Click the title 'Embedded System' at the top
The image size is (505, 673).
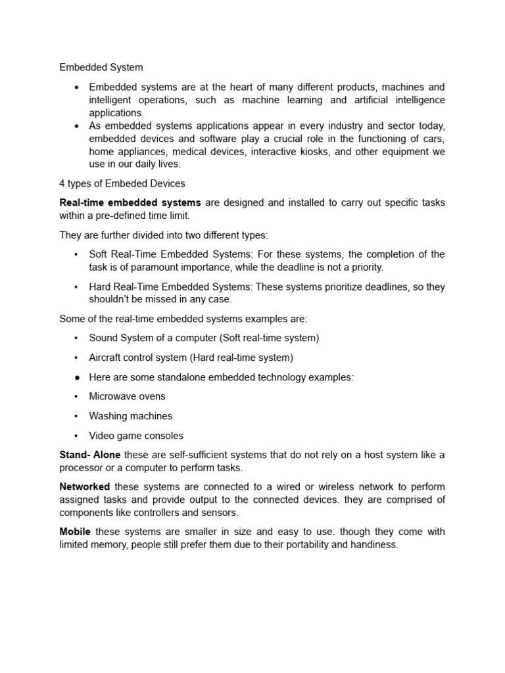click(x=101, y=67)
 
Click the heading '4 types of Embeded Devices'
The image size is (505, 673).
click(x=122, y=183)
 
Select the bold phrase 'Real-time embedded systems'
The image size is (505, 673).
click(x=130, y=202)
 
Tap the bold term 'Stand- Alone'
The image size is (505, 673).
click(x=90, y=455)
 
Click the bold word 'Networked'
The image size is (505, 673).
click(x=85, y=487)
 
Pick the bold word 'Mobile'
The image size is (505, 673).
click(x=75, y=532)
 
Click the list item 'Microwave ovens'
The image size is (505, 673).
click(x=127, y=396)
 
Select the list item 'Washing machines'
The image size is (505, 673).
click(x=130, y=416)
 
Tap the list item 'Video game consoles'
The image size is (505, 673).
click(x=136, y=436)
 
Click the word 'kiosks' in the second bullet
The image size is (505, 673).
click(x=332, y=151)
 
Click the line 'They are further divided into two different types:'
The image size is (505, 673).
click(x=164, y=235)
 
